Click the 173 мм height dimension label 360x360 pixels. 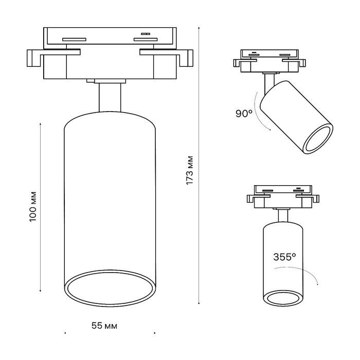(190, 170)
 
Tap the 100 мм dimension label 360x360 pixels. (33, 206)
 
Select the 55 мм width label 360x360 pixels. (104, 326)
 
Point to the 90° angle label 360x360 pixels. (244, 114)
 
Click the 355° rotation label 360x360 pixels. (284, 257)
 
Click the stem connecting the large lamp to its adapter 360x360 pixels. (110, 98)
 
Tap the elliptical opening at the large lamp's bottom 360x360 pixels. (109, 288)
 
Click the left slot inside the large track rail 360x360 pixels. (74, 39)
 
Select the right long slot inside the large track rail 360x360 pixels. (146, 39)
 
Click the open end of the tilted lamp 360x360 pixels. (318, 139)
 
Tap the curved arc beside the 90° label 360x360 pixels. (260, 112)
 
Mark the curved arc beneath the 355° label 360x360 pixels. (299, 273)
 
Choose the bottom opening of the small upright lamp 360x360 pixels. (283, 298)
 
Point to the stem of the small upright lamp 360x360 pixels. (283, 216)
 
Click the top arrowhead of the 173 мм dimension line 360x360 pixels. (199, 28)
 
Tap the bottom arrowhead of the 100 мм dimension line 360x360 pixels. (41, 291)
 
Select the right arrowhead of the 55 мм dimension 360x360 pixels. (155, 333)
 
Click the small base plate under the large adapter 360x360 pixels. (106, 81)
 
